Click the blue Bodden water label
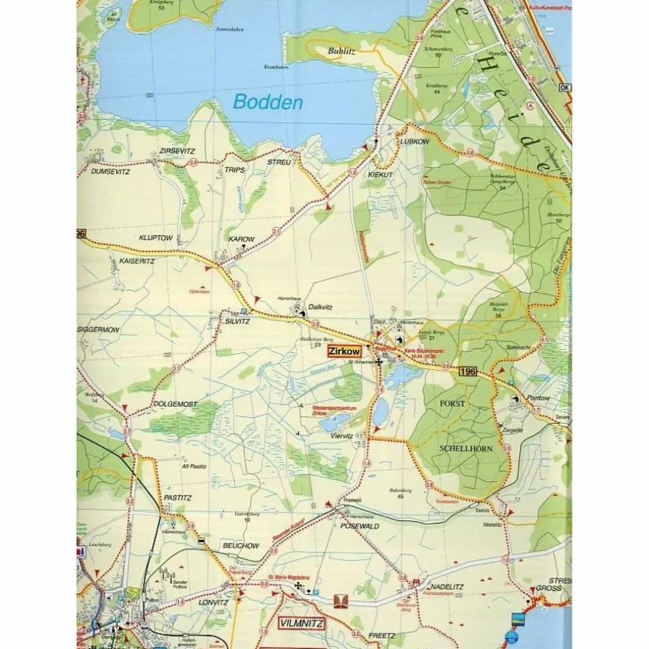268,103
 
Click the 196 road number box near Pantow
466,373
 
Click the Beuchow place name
240,546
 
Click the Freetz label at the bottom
381,636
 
